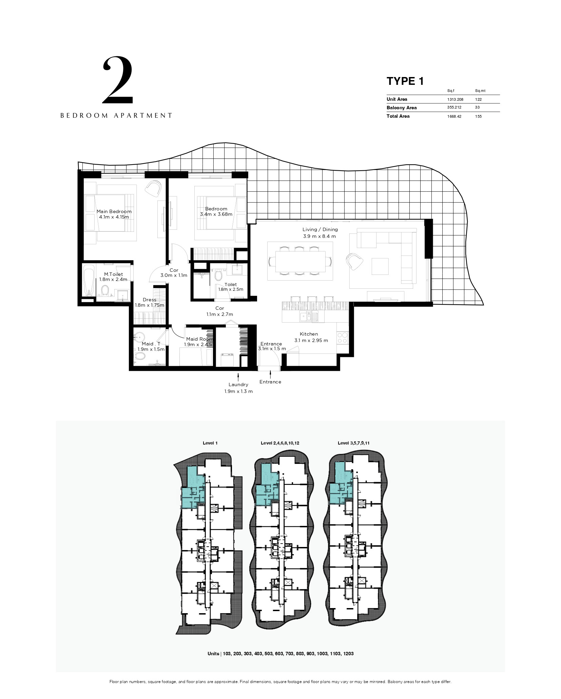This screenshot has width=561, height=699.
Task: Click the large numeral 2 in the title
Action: click(118, 80)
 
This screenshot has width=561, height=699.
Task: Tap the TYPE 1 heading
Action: click(405, 81)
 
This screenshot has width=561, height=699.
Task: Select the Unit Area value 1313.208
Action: click(455, 99)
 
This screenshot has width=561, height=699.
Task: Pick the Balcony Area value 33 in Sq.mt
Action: click(477, 108)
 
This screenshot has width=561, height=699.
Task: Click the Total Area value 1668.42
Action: click(454, 116)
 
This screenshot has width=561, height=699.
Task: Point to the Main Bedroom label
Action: click(114, 211)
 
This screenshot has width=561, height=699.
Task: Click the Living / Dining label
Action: click(320, 230)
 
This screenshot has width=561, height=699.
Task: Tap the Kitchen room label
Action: click(309, 334)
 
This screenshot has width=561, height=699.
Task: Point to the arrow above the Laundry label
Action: click(238, 377)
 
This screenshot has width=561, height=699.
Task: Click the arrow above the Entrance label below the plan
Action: click(270, 374)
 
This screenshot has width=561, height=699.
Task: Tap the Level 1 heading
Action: click(210, 443)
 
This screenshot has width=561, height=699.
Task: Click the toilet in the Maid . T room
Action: click(139, 356)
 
